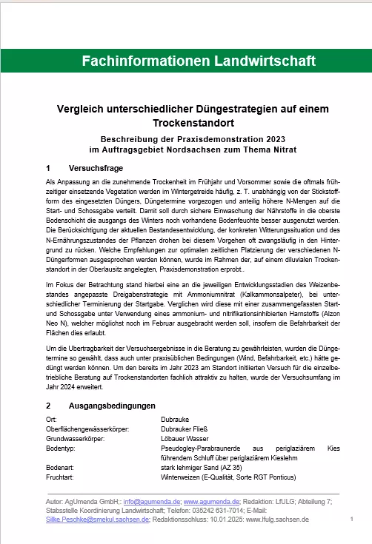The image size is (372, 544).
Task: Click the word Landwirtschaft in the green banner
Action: (252, 60)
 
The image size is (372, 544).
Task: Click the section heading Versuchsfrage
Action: (94, 168)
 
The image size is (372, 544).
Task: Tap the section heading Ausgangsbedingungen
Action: (112, 406)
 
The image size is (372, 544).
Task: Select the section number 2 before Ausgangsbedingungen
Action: (48, 406)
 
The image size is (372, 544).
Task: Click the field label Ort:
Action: (51, 419)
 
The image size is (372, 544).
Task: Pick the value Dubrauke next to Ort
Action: (176, 419)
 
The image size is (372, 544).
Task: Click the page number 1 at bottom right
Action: (351, 520)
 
